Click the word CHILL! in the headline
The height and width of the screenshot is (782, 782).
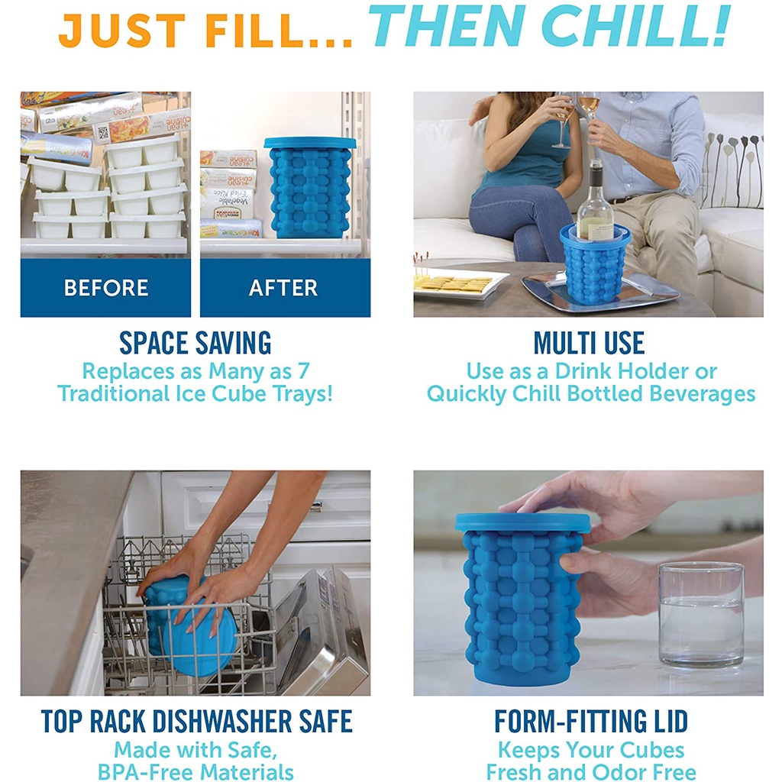point(635,26)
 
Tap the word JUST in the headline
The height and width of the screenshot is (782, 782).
point(122,31)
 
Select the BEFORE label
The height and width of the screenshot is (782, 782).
point(105,288)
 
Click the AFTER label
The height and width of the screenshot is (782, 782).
point(283,288)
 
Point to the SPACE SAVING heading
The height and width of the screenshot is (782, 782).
point(195,343)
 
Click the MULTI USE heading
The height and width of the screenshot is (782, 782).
point(589,343)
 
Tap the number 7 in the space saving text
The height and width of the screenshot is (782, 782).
point(304,371)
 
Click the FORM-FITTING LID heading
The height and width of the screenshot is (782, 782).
point(591,721)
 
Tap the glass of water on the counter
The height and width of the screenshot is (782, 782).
point(701,613)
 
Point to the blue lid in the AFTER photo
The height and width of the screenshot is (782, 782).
point(310,143)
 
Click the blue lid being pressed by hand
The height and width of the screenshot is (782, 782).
point(522,522)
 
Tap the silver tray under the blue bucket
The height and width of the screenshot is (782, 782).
point(600,292)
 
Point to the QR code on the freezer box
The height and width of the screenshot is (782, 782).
point(103,133)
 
